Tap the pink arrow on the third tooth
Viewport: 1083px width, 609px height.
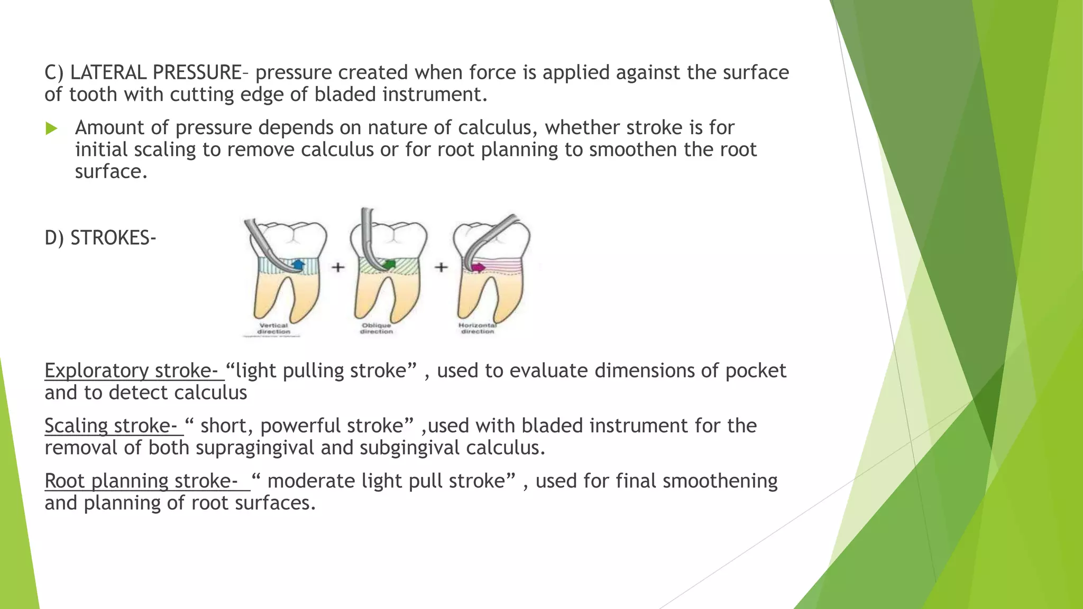click(478, 267)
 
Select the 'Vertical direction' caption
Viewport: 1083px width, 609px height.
click(273, 328)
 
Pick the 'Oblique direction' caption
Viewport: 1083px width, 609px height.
click(377, 328)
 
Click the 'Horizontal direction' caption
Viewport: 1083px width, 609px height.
click(477, 328)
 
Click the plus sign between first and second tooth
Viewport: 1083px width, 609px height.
click(338, 267)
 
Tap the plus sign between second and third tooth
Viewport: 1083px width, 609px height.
click(441, 267)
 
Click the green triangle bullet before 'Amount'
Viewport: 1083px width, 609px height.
click(51, 128)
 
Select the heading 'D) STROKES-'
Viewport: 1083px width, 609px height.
click(100, 238)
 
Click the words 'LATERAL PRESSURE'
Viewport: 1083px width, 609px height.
click(156, 72)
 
